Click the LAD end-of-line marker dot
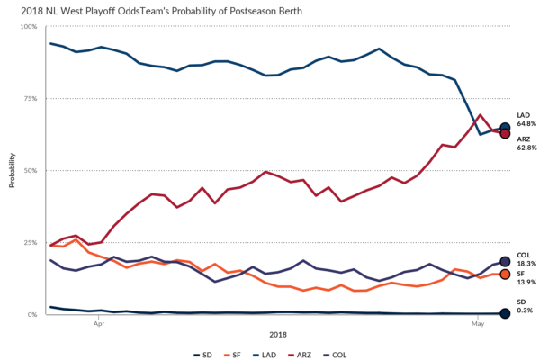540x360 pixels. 505,128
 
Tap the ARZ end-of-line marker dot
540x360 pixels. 505,133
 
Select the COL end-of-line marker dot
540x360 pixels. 505,261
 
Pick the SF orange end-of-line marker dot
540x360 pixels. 505,274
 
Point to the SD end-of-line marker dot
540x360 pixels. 505,313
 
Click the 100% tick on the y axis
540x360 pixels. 29,27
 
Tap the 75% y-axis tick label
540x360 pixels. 31,99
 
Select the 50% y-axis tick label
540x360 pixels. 31,170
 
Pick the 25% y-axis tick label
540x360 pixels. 31,242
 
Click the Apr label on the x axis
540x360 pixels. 99,320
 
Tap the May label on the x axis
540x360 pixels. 476,320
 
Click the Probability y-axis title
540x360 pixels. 12,169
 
